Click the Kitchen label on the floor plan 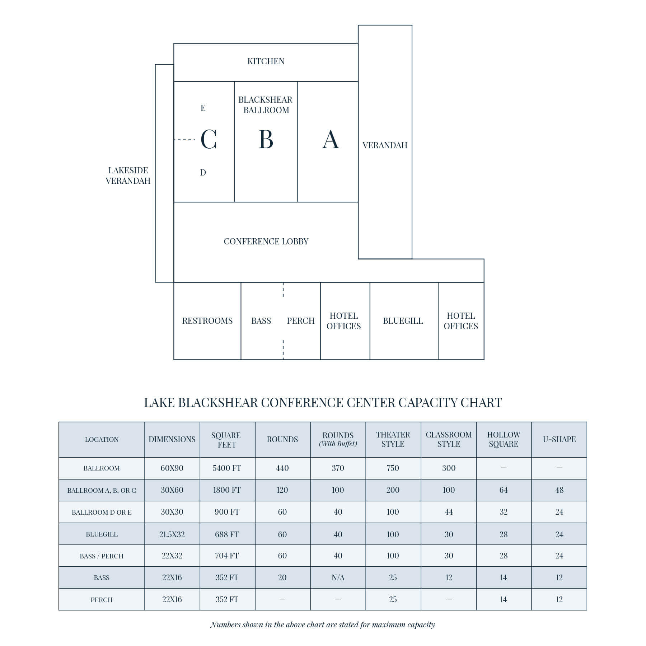tap(266, 61)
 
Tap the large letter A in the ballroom tap(330, 140)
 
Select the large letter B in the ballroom tap(266, 140)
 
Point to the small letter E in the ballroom tap(203, 108)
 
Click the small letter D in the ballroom tap(203, 173)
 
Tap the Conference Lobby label tap(266, 242)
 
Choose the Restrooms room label tap(207, 321)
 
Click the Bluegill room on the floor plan tap(403, 321)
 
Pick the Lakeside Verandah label tap(128, 175)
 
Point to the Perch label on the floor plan tap(300, 321)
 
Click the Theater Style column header tap(393, 439)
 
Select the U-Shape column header tap(559, 439)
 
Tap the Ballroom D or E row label tap(102, 512)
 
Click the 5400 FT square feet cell tap(227, 468)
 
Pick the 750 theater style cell tap(393, 468)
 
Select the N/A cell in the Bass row tap(338, 577)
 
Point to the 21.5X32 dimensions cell tap(172, 534)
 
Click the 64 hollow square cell tap(504, 490)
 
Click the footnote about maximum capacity tap(323, 624)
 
